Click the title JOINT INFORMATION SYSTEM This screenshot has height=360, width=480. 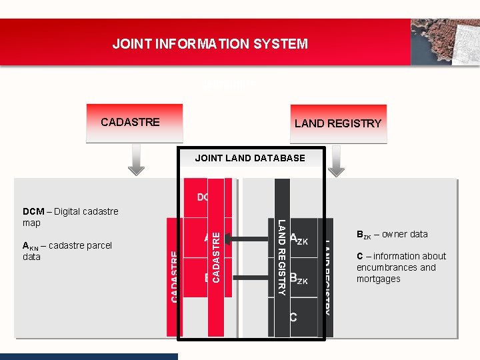coord(210,44)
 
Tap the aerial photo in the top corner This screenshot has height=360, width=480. coord(445,41)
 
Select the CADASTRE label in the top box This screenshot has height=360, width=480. coord(130,122)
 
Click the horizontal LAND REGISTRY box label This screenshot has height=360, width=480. coord(338,123)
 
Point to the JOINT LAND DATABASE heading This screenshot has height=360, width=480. coord(249,158)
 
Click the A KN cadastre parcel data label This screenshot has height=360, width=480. coord(67,251)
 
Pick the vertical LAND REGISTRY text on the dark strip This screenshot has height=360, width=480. coord(282,257)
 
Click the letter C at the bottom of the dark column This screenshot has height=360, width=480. coord(293,317)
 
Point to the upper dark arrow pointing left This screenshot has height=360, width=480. coord(248,237)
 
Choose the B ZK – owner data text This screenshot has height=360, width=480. coord(392,235)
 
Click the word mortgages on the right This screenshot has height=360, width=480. coord(379,279)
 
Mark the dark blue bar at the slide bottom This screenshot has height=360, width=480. coord(89,357)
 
